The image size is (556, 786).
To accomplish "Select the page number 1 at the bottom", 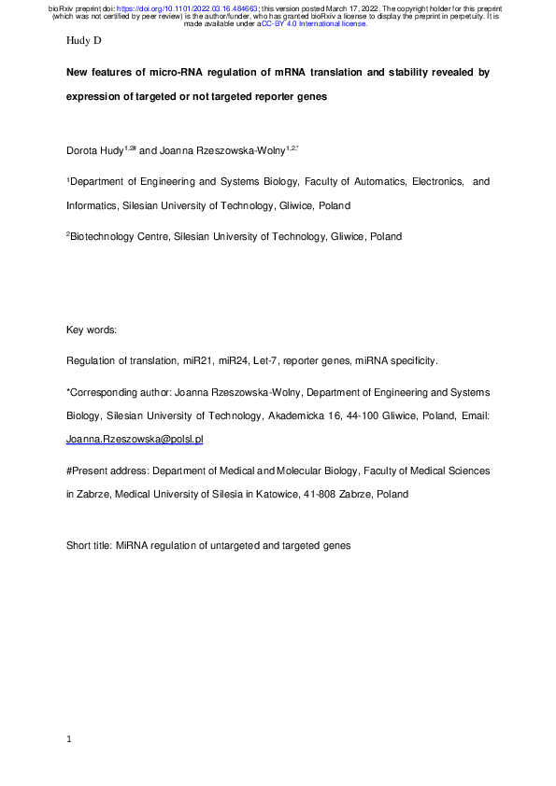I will point(70,739).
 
